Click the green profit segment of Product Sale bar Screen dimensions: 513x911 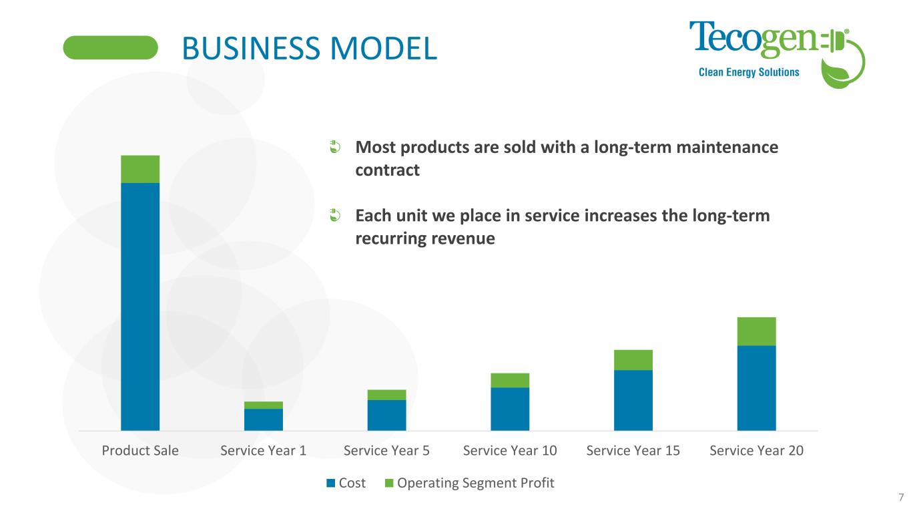coord(140,169)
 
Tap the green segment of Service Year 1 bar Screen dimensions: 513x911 coord(264,405)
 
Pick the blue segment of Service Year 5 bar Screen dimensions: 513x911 coord(386,415)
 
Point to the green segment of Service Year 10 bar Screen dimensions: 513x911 coord(510,380)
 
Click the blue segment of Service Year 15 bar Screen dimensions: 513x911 coord(633,399)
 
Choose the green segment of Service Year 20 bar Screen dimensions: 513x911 coord(756,331)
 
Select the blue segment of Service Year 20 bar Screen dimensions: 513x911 coord(756,387)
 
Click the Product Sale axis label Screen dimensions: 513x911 coord(140,450)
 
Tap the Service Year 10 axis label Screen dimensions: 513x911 coord(510,450)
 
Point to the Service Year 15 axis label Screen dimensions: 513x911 coord(633,450)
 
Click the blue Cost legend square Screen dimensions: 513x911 coord(330,483)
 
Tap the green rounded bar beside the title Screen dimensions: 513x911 coord(111,47)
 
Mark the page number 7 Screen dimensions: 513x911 coord(900,497)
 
